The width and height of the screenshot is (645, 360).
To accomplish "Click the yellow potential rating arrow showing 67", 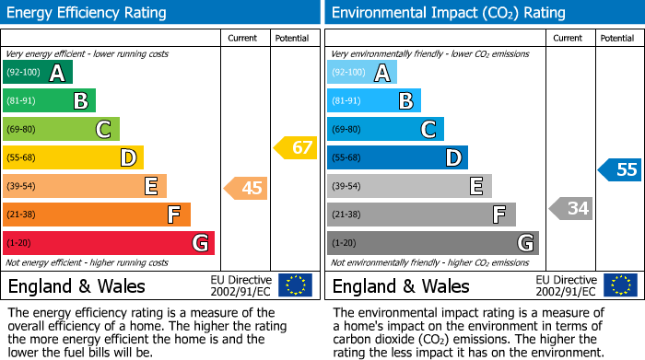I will [x=296, y=147].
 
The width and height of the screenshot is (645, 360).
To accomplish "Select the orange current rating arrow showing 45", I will [x=247, y=188].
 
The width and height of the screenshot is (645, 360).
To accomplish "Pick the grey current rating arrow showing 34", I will [x=571, y=208].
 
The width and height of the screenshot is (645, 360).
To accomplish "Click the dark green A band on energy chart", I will [x=37, y=73].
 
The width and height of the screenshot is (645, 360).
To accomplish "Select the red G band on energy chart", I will [x=108, y=243].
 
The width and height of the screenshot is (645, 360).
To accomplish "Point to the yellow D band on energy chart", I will [x=73, y=158].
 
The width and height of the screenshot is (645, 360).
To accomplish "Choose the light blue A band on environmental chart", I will [x=361, y=73].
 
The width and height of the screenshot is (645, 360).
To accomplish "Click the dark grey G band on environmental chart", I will [x=432, y=243].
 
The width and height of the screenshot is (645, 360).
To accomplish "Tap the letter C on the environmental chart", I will [x=428, y=130].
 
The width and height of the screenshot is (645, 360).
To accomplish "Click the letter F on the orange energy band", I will [x=173, y=215].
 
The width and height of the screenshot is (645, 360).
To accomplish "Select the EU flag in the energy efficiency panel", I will [x=295, y=285].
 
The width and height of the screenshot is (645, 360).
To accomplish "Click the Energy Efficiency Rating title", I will [x=88, y=13].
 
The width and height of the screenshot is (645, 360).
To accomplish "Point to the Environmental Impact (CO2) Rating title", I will [x=448, y=13].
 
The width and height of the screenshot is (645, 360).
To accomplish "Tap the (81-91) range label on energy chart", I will [x=22, y=101].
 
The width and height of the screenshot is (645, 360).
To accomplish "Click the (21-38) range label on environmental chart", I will [x=346, y=215].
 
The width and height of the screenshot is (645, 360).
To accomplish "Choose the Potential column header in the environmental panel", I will [x=617, y=38].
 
